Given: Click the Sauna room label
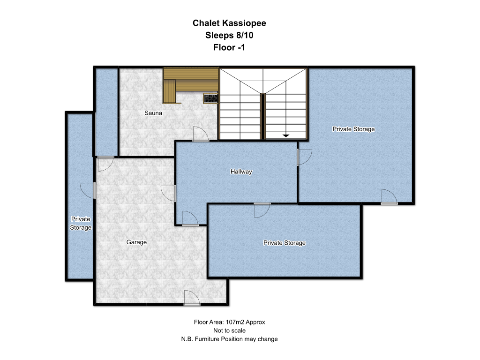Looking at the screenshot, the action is coord(153,113).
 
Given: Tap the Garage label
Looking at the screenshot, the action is coord(136,242).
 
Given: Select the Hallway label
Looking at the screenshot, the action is coord(241,172).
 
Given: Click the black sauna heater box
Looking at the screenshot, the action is coord(211,98).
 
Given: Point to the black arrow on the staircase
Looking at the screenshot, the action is coord(285,135).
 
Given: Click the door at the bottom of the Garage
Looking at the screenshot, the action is coord(192,298).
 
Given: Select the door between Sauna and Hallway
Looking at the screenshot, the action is coord(201,134).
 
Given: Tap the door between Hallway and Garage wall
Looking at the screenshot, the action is coord(168,194).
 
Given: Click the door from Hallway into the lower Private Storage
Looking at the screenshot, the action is coord(262,210).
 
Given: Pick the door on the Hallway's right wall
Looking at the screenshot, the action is coord(304,157).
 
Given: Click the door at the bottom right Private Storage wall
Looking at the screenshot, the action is coord(389,197).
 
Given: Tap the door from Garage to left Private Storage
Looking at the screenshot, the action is coord(88,191).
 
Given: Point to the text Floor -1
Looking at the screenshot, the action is coord(229,47).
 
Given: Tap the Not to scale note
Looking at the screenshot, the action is coord(229,330).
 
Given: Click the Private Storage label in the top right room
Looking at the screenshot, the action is coord(353,129).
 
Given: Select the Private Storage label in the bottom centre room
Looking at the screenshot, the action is coord(285,243).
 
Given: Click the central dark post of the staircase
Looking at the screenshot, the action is coord(262,117).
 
